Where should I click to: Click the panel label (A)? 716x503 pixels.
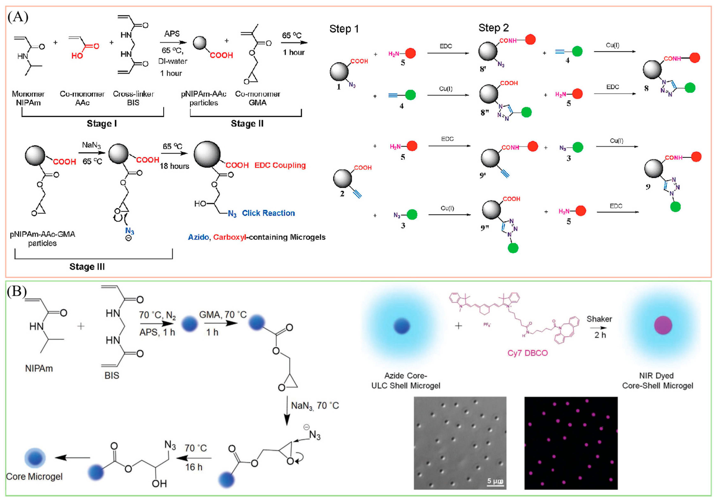[18, 17]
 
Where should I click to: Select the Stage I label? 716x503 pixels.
[102, 124]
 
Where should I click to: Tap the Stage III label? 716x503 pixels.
[87, 267]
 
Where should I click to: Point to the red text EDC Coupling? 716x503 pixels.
[280, 165]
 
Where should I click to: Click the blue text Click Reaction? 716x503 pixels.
[268, 213]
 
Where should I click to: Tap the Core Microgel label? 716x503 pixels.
[34, 476]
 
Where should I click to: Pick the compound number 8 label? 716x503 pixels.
[646, 88]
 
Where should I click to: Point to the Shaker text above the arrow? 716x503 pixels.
[599, 319]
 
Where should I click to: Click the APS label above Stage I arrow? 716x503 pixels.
[172, 34]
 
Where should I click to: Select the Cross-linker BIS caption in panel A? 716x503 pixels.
[133, 98]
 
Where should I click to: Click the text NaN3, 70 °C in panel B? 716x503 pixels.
[315, 406]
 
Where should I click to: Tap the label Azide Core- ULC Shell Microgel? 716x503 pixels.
[406, 381]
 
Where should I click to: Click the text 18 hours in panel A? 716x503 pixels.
[174, 166]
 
